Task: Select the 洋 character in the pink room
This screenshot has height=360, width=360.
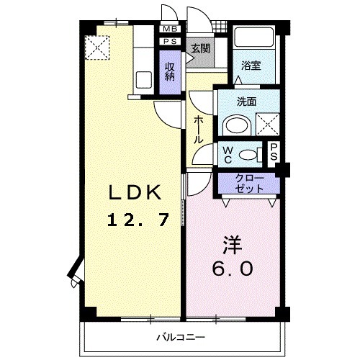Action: coord(231,245)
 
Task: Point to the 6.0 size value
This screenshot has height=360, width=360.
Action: coord(232,269)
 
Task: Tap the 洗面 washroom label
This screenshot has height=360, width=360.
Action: coord(247,103)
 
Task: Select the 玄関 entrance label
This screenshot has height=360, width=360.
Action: coord(199,50)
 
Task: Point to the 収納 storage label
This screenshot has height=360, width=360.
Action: coord(170,71)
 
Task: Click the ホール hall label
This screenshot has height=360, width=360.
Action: coord(197,130)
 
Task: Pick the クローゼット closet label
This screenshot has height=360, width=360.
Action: coord(250,183)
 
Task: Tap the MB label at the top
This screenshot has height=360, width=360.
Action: coord(170,29)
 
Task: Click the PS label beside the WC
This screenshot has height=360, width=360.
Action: coord(274,152)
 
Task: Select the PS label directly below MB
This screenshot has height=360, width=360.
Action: coord(170,42)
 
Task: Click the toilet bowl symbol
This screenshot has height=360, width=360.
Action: coord(248,153)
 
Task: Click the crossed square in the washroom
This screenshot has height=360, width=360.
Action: coord(267,125)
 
